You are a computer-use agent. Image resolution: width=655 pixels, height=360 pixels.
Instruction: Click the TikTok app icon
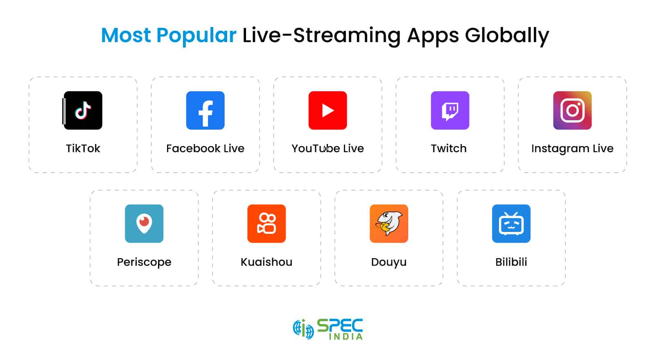click(x=83, y=110)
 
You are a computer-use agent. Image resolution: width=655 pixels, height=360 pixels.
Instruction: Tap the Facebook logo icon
click(x=205, y=110)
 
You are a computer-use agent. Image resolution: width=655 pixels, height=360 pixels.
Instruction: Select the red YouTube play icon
click(x=327, y=110)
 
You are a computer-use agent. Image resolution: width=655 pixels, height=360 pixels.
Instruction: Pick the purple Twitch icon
click(x=450, y=110)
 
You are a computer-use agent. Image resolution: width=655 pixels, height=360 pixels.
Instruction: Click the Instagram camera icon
click(x=572, y=110)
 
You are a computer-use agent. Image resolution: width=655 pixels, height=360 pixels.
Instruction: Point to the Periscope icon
click(x=144, y=224)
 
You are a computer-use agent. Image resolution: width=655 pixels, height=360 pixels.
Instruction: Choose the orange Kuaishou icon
click(x=267, y=224)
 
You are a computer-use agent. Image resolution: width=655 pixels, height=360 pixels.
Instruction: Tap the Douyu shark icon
click(x=389, y=224)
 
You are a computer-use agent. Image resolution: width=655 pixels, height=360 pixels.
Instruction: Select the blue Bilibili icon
click(x=511, y=224)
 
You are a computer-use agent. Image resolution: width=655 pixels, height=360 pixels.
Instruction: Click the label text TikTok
click(x=83, y=148)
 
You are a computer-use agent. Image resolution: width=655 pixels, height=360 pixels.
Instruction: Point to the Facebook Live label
click(x=205, y=148)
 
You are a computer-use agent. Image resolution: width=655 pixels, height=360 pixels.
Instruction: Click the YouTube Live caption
click(x=327, y=148)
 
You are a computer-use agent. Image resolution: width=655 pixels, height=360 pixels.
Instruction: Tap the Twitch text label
click(x=449, y=148)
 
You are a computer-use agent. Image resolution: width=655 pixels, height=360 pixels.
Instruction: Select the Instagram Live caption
click(x=572, y=148)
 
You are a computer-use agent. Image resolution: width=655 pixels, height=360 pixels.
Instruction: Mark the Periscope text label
click(x=144, y=262)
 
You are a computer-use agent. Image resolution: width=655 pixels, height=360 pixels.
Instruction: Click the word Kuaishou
click(x=267, y=262)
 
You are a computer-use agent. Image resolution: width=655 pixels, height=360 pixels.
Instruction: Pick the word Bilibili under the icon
click(x=511, y=262)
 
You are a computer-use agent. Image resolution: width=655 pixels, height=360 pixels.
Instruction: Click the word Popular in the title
click(x=196, y=36)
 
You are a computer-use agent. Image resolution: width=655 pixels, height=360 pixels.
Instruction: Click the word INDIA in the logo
click(x=346, y=337)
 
